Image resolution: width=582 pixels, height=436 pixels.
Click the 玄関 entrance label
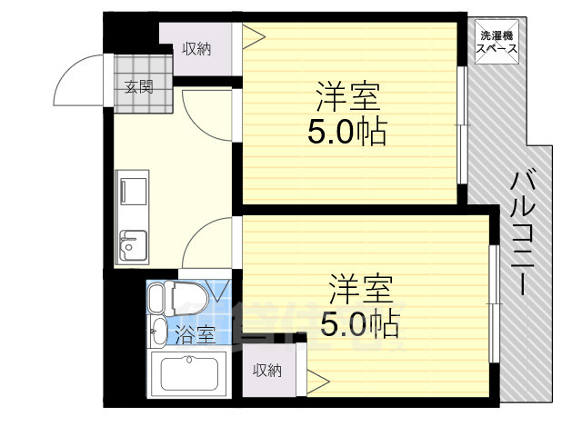[x=139, y=88]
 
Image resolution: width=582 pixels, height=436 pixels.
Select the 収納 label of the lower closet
[x=267, y=370]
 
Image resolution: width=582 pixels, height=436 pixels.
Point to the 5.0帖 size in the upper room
[x=346, y=133]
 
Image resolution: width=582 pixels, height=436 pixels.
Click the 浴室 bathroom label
[x=195, y=334]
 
